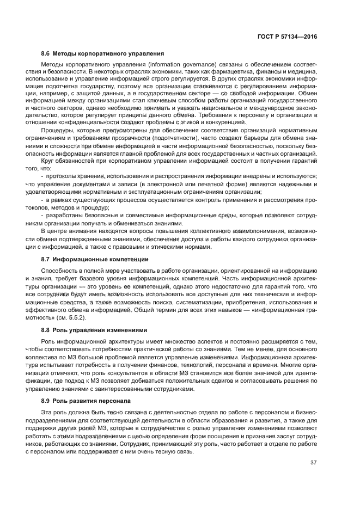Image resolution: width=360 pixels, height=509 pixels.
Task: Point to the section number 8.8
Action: pos(45,330)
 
